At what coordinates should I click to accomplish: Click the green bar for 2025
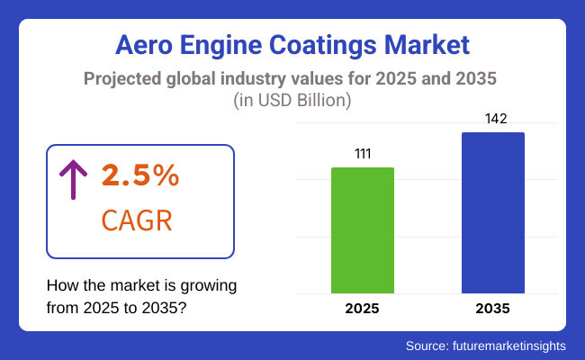363,230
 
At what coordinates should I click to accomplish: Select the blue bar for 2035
493,213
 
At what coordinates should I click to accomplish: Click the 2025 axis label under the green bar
363,309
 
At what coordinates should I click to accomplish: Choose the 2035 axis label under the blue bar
493,309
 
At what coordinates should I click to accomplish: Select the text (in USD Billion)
292,98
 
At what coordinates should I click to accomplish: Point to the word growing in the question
212,285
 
